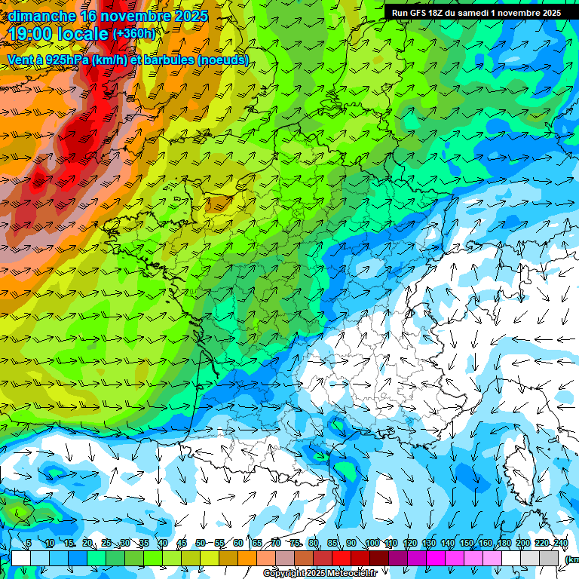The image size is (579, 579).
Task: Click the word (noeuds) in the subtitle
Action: [x=222, y=60]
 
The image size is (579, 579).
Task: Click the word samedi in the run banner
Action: [x=473, y=13]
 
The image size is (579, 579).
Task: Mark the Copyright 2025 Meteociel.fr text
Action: [x=320, y=574]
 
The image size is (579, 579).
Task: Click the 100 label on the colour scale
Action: [x=372, y=544]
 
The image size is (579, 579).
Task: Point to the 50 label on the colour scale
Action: [x=201, y=544]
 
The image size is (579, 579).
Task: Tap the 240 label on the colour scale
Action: [x=561, y=544]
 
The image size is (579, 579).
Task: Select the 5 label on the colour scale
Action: [x=29, y=544]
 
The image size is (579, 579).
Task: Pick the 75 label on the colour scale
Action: [x=296, y=544]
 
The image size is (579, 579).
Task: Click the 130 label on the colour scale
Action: [x=429, y=544]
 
